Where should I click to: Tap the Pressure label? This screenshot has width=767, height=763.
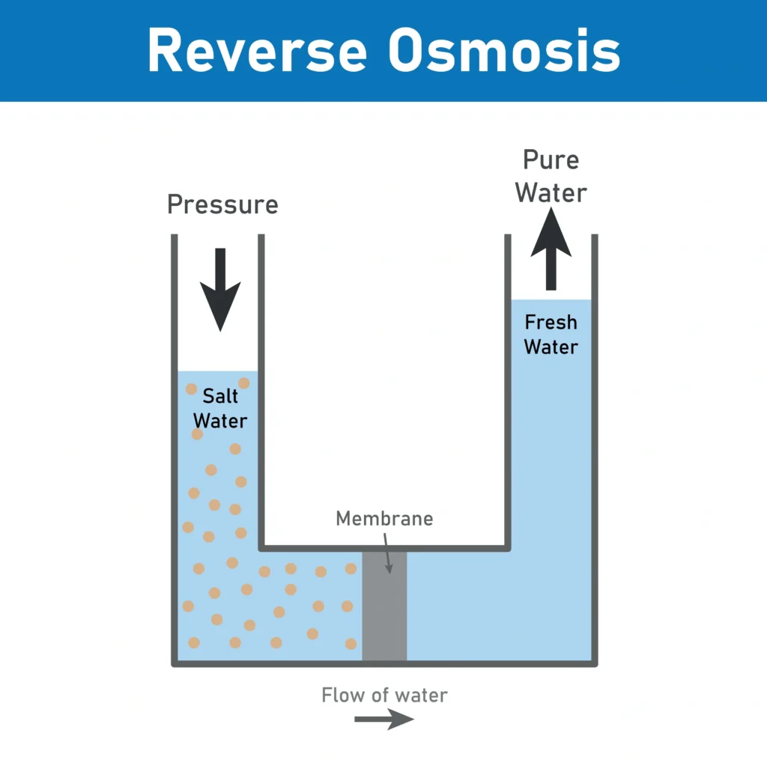[x=222, y=204]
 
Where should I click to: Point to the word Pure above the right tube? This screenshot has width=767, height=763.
[x=551, y=160]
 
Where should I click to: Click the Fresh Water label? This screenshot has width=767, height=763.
[x=551, y=335]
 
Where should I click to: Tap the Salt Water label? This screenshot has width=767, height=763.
[x=220, y=409]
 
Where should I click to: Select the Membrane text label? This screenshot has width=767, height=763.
[x=384, y=518]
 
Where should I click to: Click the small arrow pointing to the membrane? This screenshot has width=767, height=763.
[x=387, y=554]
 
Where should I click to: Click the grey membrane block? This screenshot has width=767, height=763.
[x=384, y=607]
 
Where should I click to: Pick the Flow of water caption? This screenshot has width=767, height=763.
[x=384, y=695]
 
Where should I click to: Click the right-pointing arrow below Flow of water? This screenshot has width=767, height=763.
[x=383, y=719]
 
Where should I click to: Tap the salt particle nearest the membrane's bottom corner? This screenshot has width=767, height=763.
[x=351, y=643]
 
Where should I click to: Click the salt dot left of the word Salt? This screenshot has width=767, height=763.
[x=192, y=389]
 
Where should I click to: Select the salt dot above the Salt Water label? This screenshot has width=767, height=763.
[x=243, y=383]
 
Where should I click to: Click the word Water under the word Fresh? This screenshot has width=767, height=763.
[x=551, y=347]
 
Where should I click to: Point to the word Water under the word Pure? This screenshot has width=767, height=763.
[x=551, y=192]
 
